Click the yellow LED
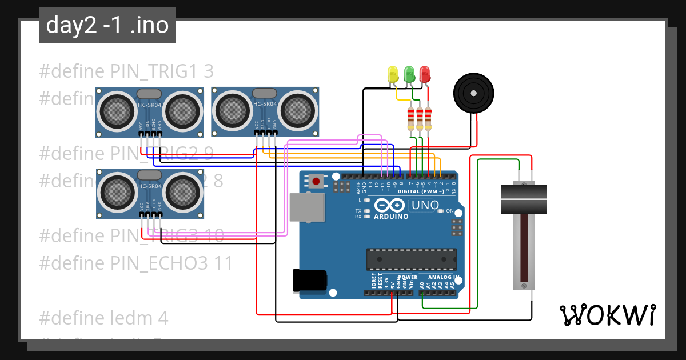[x=392, y=74]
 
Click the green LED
[x=409, y=74]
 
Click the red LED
[x=424, y=74]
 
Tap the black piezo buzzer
[x=473, y=92]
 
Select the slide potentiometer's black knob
[x=523, y=198]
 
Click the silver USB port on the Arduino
[x=306, y=206]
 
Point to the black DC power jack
[x=309, y=280]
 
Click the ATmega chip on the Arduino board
[x=411, y=259]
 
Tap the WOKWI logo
[x=607, y=315]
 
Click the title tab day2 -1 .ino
[x=107, y=26]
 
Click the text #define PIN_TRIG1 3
[x=126, y=71]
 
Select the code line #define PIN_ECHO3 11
[x=136, y=263]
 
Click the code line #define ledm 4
[x=103, y=318]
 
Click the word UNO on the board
[x=425, y=205]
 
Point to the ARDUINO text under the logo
[x=392, y=217]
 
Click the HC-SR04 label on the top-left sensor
[x=150, y=105]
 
